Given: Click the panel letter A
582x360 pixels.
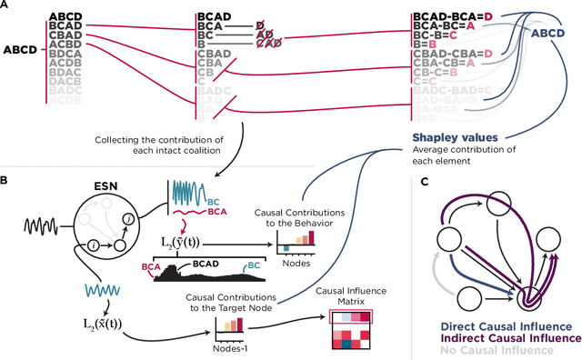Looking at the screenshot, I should [x=5, y=6].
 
